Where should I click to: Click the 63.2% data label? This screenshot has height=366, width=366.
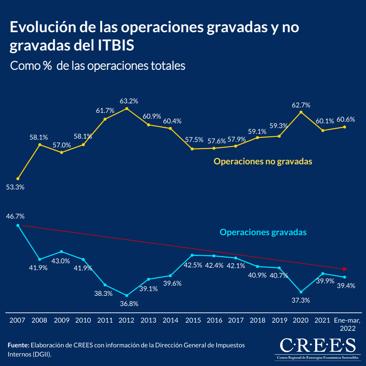point(129,101)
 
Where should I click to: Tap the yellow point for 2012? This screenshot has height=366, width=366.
point(127,108)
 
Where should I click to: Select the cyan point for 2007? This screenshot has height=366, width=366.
point(18,225)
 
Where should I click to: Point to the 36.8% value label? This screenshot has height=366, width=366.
point(129,304)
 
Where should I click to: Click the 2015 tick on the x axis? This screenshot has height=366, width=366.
point(193,320)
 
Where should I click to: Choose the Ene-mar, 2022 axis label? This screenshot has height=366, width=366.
point(347,324)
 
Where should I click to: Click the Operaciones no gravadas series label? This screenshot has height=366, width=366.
point(263,161)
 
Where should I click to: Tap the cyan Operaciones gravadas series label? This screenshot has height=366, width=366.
point(263,232)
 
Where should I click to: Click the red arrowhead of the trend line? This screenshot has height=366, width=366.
point(345,269)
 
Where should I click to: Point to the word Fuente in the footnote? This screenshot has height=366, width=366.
point(18,345)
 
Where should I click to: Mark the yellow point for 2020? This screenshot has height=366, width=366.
point(301,112)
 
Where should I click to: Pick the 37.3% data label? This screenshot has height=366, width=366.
point(301,300)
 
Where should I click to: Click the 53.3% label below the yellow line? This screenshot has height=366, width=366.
point(15,187)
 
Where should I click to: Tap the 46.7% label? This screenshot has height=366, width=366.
point(15,216)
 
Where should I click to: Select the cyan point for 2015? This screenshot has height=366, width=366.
point(192,255)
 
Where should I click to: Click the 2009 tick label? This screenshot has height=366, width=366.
point(61,320)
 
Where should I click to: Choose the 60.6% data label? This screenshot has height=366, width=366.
point(346,119)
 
